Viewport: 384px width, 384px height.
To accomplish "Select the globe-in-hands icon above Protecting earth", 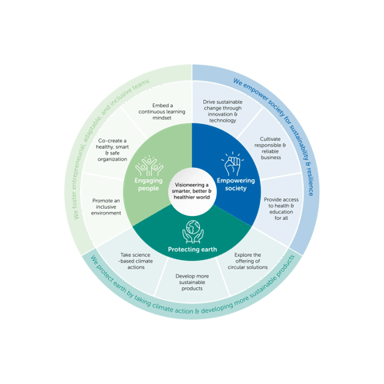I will pos(192,232).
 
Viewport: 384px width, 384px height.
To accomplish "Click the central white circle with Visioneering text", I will pos(192,192).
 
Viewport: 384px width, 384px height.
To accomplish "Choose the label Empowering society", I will pos(236,185).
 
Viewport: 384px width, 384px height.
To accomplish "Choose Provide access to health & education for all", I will pos(282,206).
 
